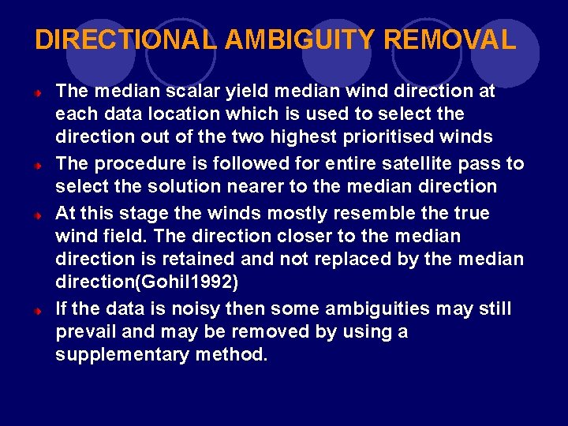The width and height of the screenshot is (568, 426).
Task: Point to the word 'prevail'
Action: pos(86,332)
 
